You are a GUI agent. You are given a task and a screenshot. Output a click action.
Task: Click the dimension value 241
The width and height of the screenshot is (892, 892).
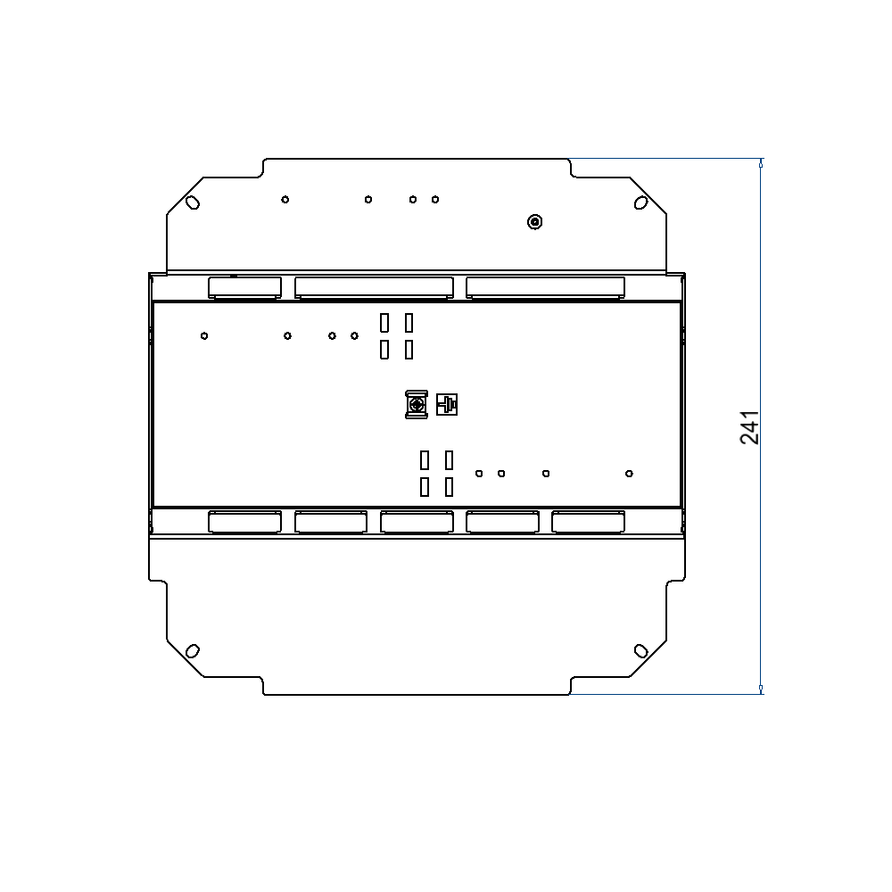[749, 427]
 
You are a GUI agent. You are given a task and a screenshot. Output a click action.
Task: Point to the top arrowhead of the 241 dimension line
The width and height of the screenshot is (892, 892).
[761, 163]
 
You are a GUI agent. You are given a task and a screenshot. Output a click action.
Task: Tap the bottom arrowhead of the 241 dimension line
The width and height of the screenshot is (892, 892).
[761, 689]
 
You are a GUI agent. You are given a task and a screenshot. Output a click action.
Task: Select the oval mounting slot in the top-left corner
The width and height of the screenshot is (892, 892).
[192, 202]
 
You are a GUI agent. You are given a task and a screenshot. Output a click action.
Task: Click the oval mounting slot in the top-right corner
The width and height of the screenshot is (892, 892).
[640, 202]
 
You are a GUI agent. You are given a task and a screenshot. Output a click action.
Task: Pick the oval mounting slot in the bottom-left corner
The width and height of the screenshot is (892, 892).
[192, 650]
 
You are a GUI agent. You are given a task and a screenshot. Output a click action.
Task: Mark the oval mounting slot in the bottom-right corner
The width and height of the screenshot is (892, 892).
[640, 650]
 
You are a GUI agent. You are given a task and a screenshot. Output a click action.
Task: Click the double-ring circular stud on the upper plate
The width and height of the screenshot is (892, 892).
[534, 222]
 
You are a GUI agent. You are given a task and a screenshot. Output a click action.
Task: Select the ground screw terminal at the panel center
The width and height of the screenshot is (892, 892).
[416, 405]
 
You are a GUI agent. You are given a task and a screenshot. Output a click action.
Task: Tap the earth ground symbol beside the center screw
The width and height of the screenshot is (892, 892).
[447, 405]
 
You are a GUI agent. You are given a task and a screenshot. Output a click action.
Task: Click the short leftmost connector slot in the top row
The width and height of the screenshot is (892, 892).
[244, 286]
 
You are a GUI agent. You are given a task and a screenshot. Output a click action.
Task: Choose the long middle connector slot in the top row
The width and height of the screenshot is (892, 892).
[373, 286]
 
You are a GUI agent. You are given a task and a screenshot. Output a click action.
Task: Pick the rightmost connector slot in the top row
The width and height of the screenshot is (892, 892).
[545, 286]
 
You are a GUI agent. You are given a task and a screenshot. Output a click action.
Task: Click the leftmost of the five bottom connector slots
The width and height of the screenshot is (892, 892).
[244, 522]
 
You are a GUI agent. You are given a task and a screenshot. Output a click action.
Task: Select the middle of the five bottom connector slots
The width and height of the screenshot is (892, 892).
[417, 522]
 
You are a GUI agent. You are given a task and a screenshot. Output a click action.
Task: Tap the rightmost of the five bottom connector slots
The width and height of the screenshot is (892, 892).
[588, 522]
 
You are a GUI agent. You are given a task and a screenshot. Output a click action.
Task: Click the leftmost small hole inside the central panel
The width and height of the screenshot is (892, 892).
[204, 335]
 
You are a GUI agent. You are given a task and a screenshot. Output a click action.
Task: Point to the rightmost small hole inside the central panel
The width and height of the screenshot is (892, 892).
[629, 473]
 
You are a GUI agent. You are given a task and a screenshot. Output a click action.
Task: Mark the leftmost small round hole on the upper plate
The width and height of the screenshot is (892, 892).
[285, 199]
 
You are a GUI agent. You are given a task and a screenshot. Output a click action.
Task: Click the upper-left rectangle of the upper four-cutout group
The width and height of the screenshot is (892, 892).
[384, 322]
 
